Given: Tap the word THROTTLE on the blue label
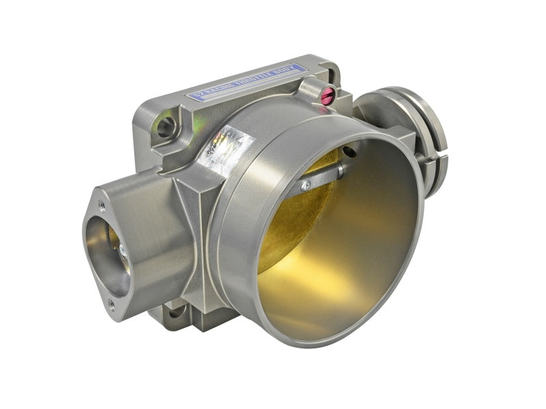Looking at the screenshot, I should (x=255, y=80).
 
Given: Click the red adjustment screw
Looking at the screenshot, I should (x=327, y=97).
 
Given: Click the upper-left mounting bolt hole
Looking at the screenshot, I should (x=166, y=126).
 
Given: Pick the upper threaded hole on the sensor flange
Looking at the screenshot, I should (x=102, y=202).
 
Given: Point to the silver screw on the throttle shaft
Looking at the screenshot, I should (x=306, y=185).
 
